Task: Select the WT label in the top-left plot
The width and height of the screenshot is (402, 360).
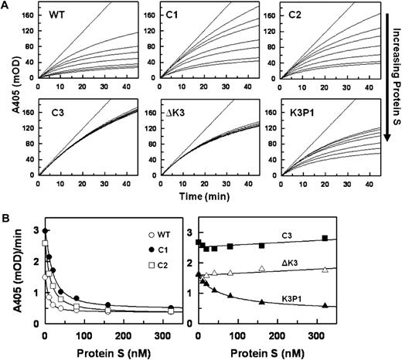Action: coord(56,15)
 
